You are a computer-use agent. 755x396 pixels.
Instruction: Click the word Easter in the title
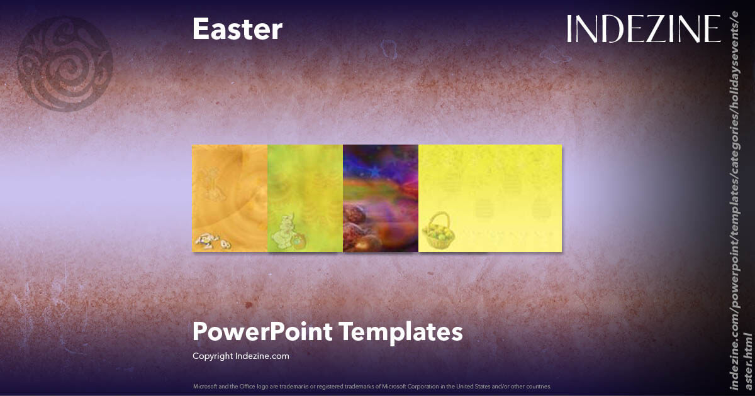[x=237, y=30]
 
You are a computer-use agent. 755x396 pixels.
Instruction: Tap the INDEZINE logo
[x=643, y=29]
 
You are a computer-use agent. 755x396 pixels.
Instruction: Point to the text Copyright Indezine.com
[x=240, y=356]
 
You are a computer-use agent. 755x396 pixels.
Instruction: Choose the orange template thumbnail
[x=230, y=198]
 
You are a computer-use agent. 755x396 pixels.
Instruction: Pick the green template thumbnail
[x=305, y=198]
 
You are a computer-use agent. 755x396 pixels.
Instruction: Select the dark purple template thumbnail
[x=381, y=198]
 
